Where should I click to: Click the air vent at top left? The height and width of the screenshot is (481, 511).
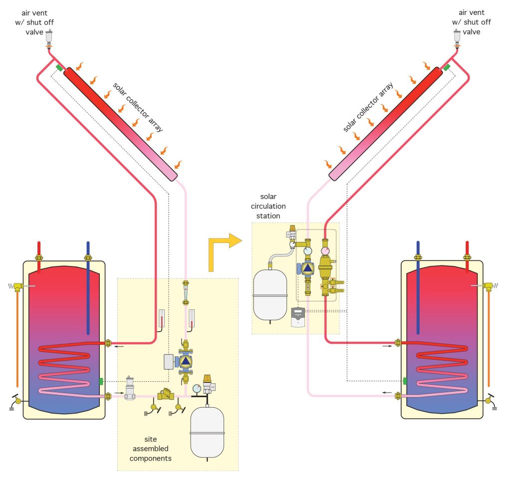(x=49, y=36)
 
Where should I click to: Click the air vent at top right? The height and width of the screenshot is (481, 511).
(x=457, y=36)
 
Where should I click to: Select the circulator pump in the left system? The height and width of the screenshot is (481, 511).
(x=185, y=361)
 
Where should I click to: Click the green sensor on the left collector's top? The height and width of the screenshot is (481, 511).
(x=59, y=68)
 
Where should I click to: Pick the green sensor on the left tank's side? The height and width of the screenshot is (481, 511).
(x=101, y=382)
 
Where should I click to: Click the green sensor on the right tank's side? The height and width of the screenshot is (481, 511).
(x=405, y=381)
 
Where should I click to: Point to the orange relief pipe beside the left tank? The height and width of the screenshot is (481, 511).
(x=18, y=339)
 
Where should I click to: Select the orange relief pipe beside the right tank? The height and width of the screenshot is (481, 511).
(x=489, y=339)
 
